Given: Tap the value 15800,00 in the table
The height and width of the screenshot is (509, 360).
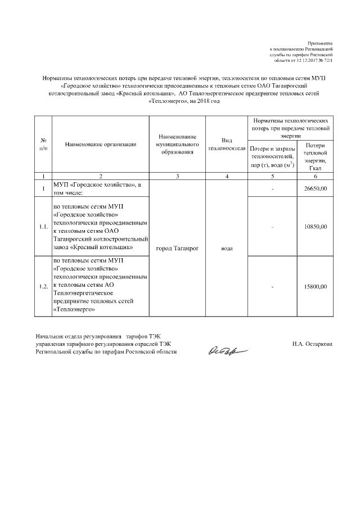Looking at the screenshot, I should pyautogui.click(x=315, y=287).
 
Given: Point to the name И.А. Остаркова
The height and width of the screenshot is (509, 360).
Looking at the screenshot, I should pyautogui.click(x=312, y=344).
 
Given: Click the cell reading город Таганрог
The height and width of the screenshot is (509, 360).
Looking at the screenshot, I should pyautogui.click(x=177, y=247).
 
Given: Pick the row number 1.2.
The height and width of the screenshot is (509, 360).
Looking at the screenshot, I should pyautogui.click(x=43, y=287).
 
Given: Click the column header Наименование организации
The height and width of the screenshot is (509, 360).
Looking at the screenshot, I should pyautogui.click(x=101, y=145).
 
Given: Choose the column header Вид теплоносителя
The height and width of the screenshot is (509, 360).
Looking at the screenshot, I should pyautogui.click(x=226, y=145).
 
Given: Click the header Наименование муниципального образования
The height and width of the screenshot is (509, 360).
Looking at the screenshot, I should pyautogui.click(x=177, y=145).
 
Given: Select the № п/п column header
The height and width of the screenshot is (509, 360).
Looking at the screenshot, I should pyautogui.click(x=43, y=145).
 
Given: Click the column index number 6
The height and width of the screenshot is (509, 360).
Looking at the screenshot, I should pyautogui.click(x=315, y=177).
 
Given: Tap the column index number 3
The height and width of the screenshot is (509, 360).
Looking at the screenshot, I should pyautogui.click(x=177, y=177).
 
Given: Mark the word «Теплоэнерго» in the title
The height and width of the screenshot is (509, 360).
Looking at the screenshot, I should pyautogui.click(x=166, y=102).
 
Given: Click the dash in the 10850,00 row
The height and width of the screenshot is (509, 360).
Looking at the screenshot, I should pyautogui.click(x=272, y=227).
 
